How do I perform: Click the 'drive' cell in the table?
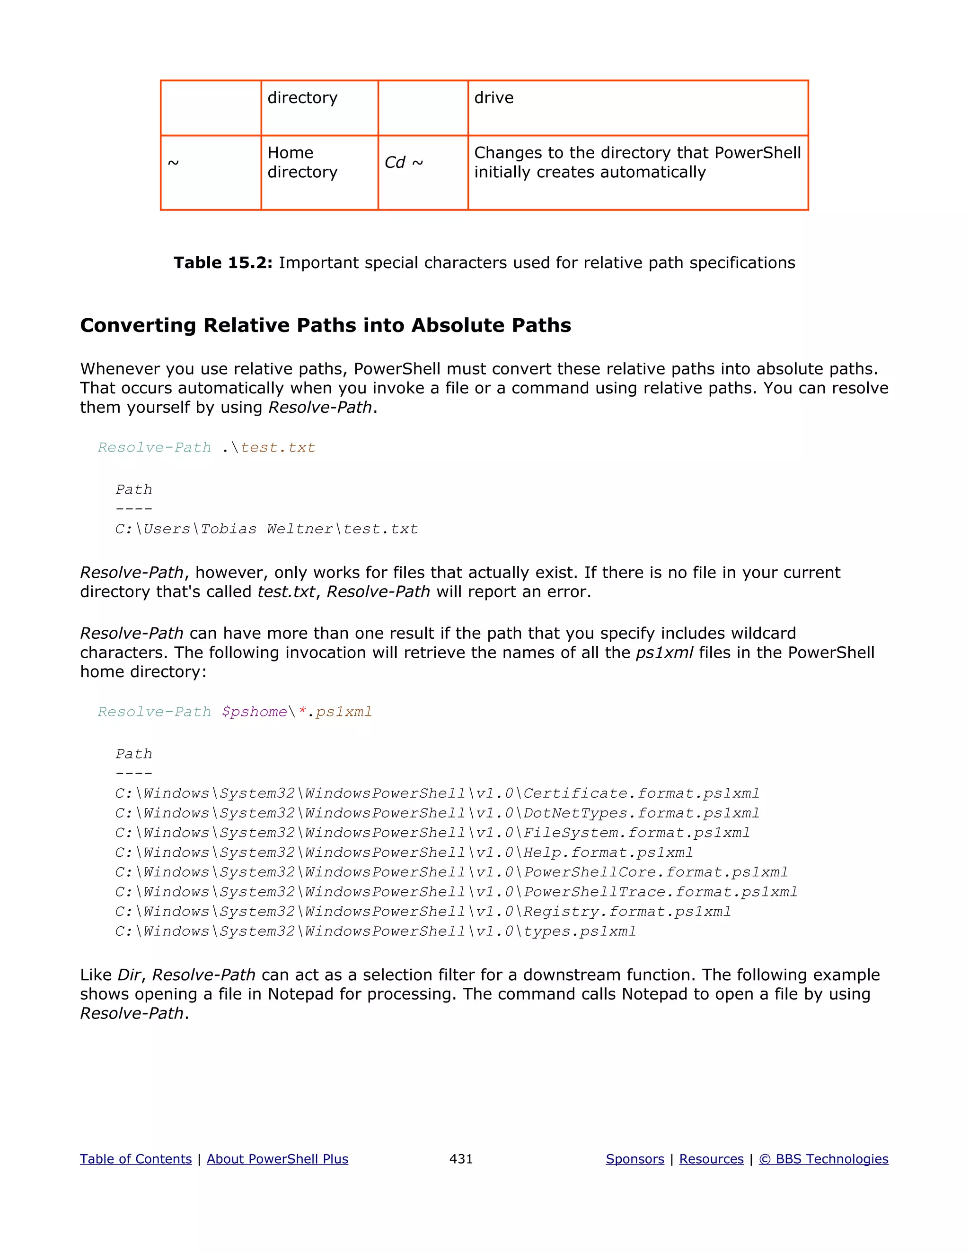tap(493, 98)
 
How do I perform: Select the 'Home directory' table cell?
tap(302, 162)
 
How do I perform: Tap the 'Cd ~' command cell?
tap(404, 162)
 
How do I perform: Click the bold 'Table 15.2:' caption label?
tap(223, 263)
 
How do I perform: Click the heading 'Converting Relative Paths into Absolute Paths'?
tap(326, 325)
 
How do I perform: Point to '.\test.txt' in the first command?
tap(269, 447)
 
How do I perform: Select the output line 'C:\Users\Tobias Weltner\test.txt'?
tap(266, 529)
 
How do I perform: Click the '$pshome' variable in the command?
tap(254, 712)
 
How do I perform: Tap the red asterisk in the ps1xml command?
tap(302, 712)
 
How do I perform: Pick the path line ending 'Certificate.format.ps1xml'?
tap(437, 793)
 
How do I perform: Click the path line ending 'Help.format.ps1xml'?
tap(404, 853)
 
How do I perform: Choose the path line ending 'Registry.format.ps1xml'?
tap(423, 912)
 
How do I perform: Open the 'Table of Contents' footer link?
tap(135, 1159)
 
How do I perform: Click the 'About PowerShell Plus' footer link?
tap(277, 1159)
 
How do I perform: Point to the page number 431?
tap(461, 1159)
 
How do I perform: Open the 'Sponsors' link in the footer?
tap(635, 1159)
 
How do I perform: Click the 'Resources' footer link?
tap(711, 1159)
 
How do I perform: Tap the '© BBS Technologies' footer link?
tap(823, 1159)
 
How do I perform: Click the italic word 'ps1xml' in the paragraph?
tap(664, 653)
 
